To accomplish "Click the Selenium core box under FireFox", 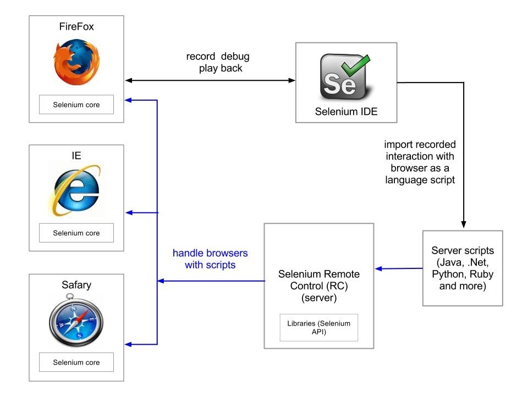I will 76,105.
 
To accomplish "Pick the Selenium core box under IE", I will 76,233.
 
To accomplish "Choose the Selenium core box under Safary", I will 76,362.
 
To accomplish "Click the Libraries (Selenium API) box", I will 318,327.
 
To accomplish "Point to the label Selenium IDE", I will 346,112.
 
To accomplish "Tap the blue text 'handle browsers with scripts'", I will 210,259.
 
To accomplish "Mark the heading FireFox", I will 76,27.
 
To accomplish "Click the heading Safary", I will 76,285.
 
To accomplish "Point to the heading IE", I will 76,156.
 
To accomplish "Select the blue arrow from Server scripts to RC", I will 399,269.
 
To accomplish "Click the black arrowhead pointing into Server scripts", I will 463,226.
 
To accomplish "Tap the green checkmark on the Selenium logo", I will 352,69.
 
